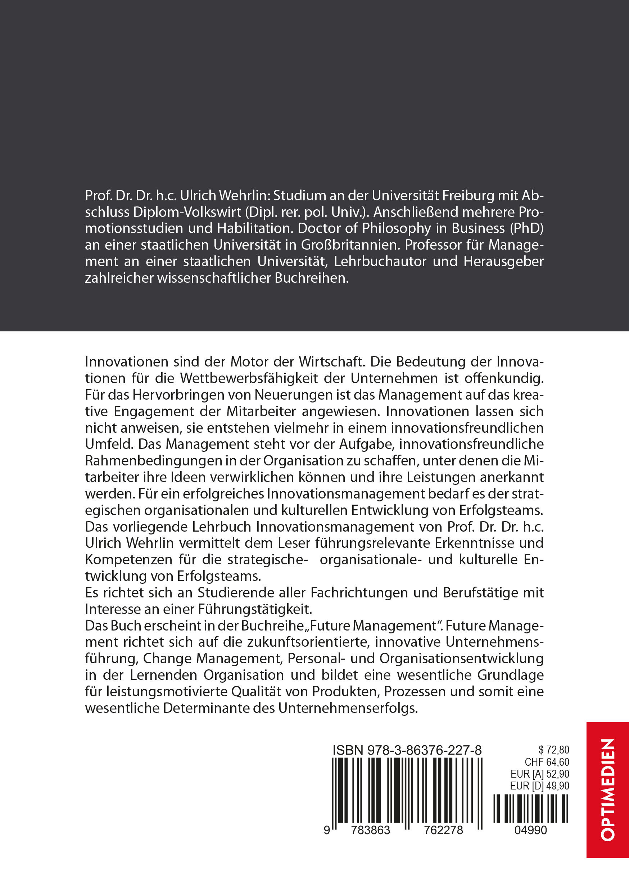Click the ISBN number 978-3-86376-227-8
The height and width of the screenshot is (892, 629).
(424, 750)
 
